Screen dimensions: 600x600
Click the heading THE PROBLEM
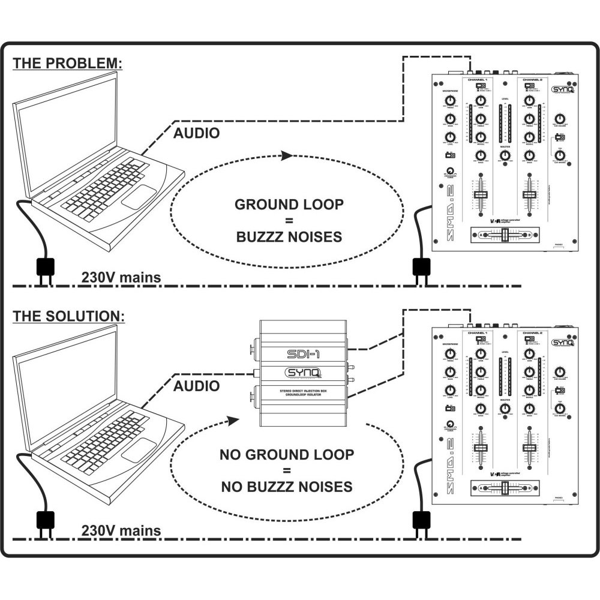(x=68, y=64)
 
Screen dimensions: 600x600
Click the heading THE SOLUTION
(x=70, y=316)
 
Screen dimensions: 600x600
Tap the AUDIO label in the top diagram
(x=196, y=133)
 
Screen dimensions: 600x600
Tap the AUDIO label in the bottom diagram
(x=196, y=386)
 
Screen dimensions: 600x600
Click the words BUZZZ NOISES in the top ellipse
(x=289, y=236)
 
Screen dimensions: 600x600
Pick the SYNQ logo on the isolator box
(x=298, y=374)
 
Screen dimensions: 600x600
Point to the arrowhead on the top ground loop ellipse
(x=286, y=155)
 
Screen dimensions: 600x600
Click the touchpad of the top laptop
(x=139, y=197)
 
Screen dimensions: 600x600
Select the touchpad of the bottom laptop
(x=139, y=449)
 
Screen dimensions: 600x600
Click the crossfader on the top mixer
(x=505, y=235)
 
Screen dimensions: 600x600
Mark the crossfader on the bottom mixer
(x=505, y=488)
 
